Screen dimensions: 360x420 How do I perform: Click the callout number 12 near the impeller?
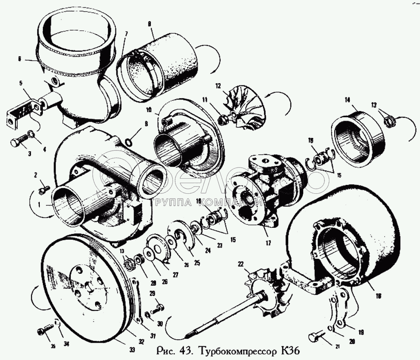click(x=218, y=85)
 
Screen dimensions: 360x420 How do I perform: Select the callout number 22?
click(x=241, y=264)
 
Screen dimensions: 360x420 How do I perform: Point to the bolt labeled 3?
click(x=17, y=143)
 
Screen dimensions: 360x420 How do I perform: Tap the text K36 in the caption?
click(x=290, y=352)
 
